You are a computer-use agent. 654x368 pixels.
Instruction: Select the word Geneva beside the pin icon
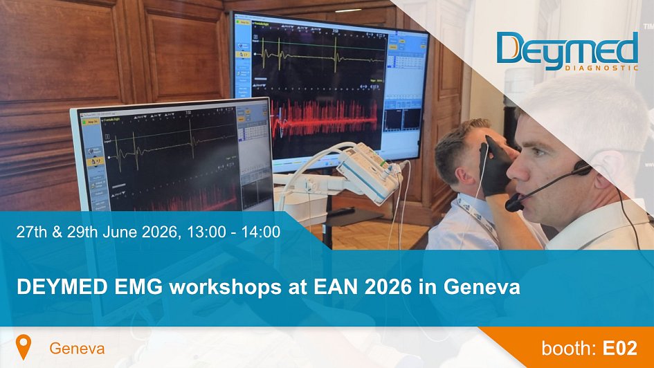click(x=77, y=349)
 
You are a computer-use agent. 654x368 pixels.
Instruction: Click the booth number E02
click(x=619, y=348)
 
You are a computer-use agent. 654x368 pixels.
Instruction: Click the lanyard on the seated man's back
click(x=478, y=214)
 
